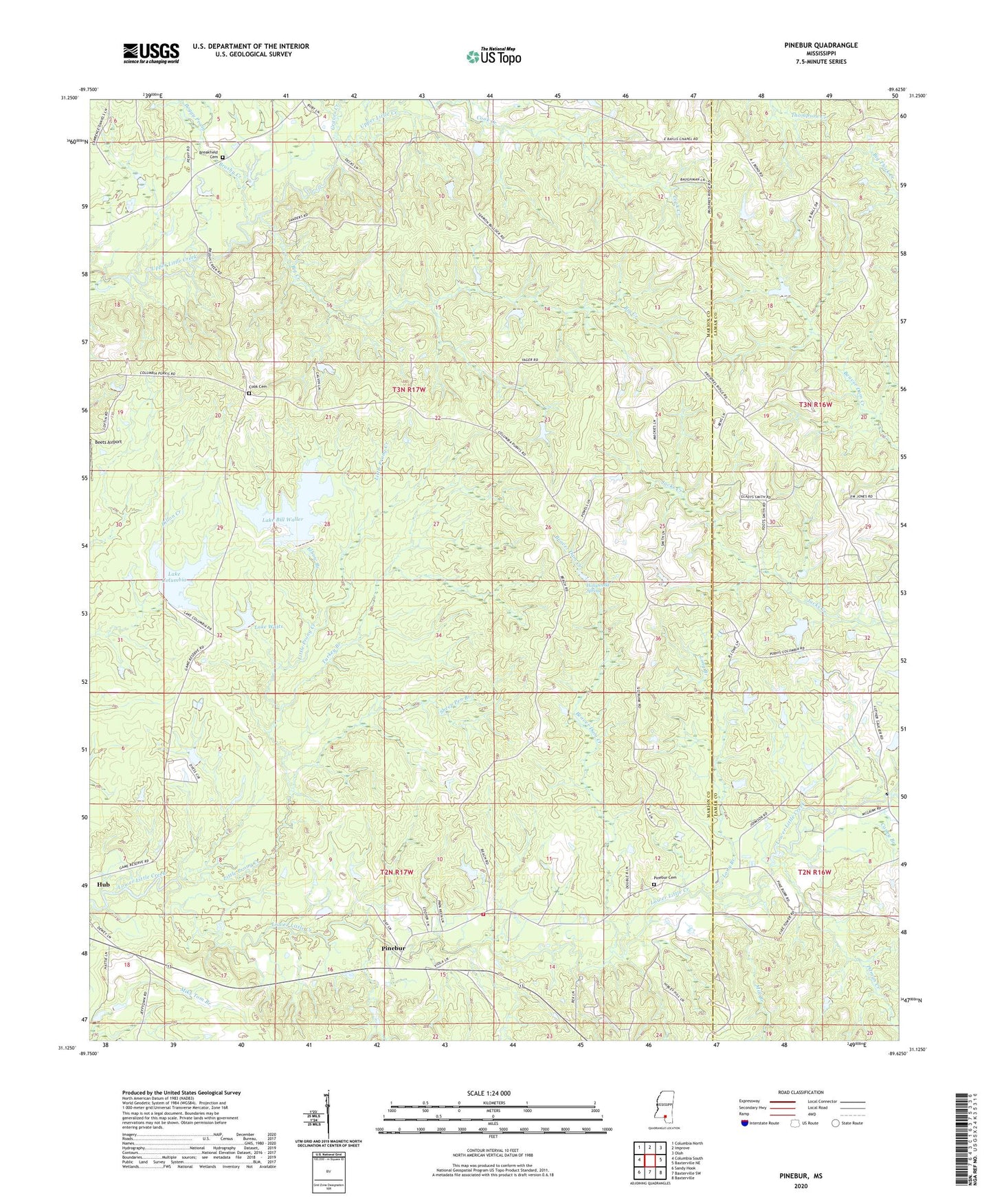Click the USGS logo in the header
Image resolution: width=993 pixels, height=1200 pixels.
pyautogui.click(x=151, y=52)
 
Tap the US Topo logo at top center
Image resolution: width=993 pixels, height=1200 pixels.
pyautogui.click(x=493, y=56)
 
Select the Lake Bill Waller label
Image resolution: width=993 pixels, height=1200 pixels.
pyautogui.click(x=283, y=520)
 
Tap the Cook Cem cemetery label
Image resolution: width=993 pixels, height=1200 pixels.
pyautogui.click(x=257, y=387)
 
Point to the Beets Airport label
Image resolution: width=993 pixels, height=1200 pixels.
pyautogui.click(x=108, y=442)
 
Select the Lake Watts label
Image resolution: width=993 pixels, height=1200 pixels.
pyautogui.click(x=269, y=626)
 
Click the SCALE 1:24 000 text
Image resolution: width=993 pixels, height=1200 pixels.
pyautogui.click(x=492, y=1093)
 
